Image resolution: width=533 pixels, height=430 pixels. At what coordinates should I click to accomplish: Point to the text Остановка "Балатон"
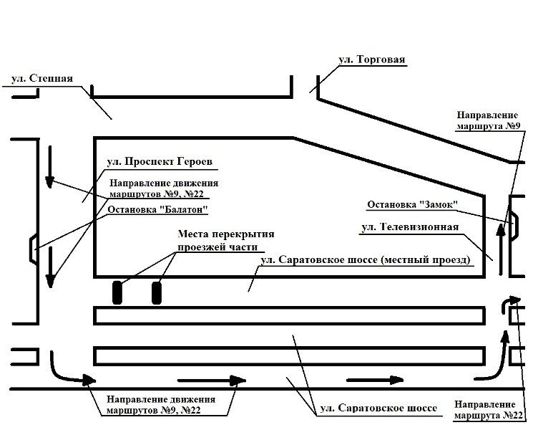(x=157, y=211)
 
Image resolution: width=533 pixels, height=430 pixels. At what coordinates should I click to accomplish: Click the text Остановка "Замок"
(x=412, y=205)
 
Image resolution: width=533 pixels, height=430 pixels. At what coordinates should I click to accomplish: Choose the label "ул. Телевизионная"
(x=410, y=228)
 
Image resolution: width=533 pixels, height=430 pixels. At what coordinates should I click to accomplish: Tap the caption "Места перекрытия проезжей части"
(x=225, y=240)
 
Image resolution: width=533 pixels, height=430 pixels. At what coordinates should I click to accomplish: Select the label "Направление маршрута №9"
(x=488, y=120)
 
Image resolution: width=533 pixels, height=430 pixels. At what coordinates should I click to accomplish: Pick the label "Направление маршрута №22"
(x=484, y=410)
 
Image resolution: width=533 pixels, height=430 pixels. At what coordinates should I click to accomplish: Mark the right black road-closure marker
(x=157, y=293)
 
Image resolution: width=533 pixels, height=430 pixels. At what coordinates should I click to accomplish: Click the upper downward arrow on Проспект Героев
(x=49, y=166)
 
